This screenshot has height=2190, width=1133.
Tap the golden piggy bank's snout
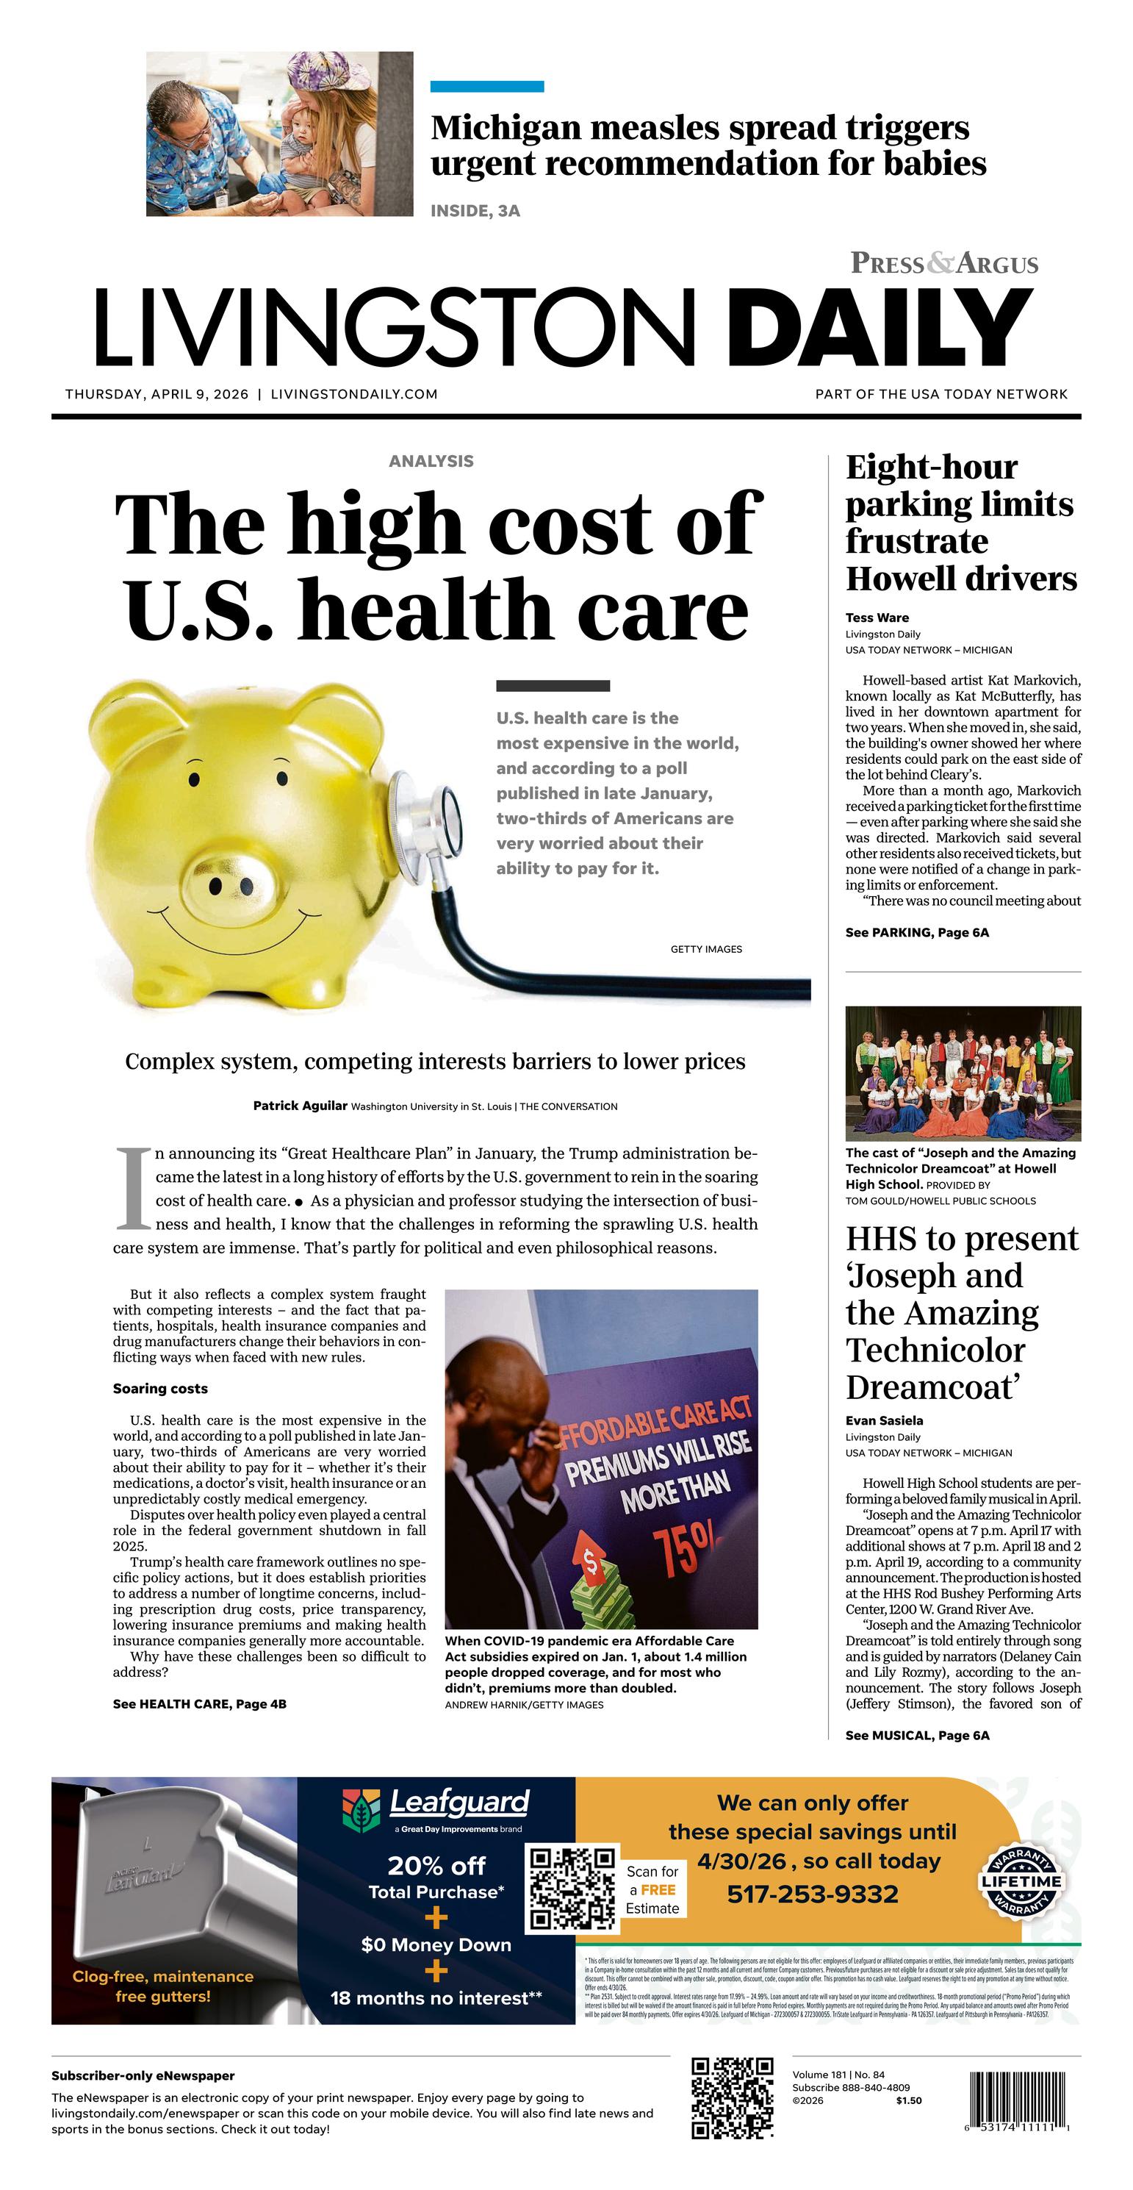click(230, 885)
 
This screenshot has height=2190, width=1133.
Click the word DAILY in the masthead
click(880, 327)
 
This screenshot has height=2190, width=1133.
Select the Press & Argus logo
click(944, 262)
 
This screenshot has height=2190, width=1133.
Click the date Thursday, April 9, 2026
click(157, 395)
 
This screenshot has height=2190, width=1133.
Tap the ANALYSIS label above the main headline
click(431, 461)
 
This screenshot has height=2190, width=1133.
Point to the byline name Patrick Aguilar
click(300, 1105)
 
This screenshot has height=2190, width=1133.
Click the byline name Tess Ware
click(877, 618)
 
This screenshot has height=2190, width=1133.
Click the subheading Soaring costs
click(159, 1388)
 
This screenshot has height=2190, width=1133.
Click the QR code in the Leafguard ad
click(573, 1888)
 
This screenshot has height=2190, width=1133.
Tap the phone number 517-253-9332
click(813, 1894)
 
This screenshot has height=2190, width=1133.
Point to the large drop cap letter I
click(132, 1188)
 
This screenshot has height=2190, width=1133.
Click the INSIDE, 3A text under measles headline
click(475, 211)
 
